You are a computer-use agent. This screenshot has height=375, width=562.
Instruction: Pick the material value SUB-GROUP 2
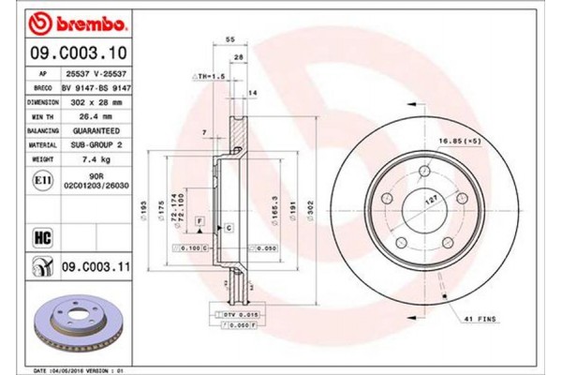96,146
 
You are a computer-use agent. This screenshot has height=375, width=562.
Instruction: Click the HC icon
41,235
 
